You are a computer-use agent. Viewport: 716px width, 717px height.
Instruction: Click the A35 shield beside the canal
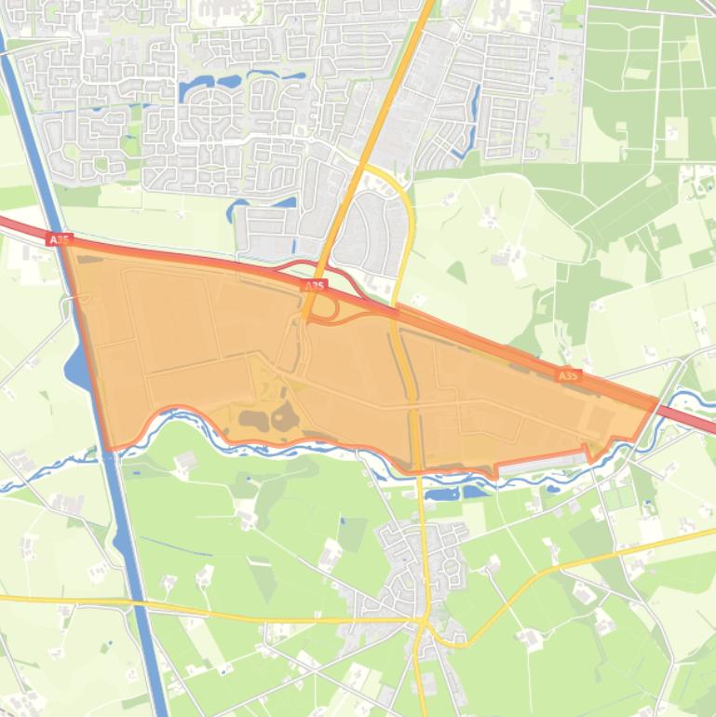click(58, 239)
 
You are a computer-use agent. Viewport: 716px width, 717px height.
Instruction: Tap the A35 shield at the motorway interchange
click(315, 286)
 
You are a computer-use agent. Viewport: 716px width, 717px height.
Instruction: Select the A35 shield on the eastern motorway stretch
click(567, 375)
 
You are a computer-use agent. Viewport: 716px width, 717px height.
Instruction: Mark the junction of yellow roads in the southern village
click(425, 622)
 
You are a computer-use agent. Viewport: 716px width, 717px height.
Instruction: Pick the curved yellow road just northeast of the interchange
click(405, 214)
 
